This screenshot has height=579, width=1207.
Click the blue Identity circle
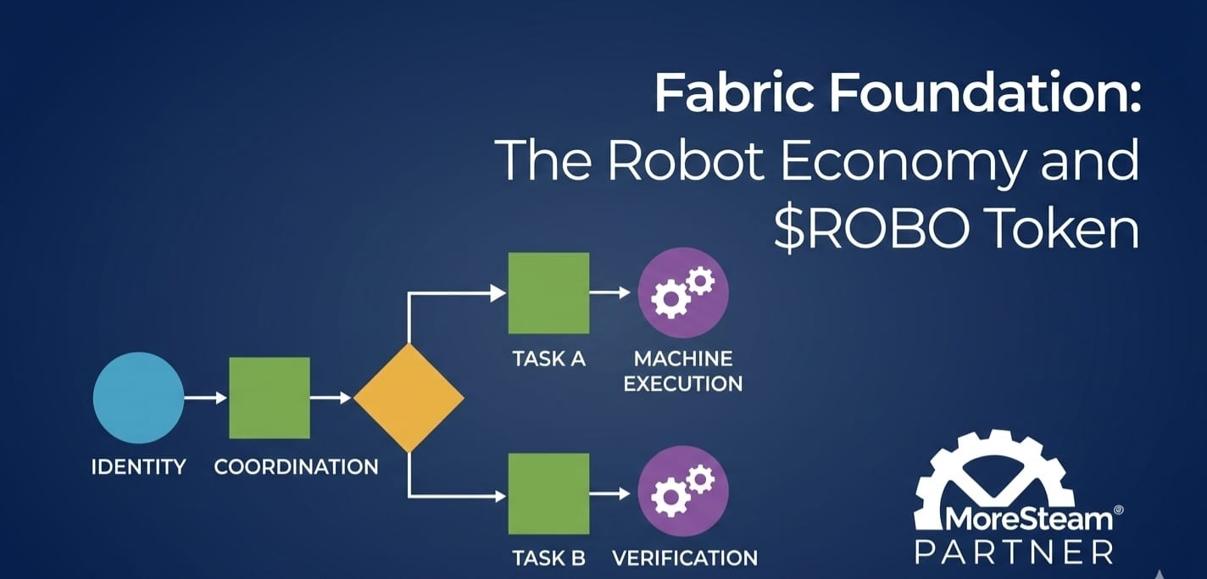pos(138,398)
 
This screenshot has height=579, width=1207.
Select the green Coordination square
pos(270,398)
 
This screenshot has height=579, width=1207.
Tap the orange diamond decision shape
pos(409,398)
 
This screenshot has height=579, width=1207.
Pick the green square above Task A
pos(548,292)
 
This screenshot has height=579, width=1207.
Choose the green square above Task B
pos(548,493)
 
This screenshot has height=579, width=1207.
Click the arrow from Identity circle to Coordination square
pos(206,398)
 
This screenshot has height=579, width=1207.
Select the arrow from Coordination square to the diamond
pos(331,398)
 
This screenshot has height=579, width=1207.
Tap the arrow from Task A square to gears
pos(610,292)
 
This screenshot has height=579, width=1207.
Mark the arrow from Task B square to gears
pos(610,493)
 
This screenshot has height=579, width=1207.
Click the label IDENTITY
pos(138,466)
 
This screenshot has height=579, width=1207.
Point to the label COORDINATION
pos(296,466)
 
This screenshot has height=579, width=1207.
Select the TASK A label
pos(549,359)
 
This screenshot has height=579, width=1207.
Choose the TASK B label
pos(549,559)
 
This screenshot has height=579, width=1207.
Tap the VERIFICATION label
pos(685,559)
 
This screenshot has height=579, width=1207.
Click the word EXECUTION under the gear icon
pos(683,383)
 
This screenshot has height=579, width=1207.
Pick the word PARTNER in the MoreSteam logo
pos(1015,552)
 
